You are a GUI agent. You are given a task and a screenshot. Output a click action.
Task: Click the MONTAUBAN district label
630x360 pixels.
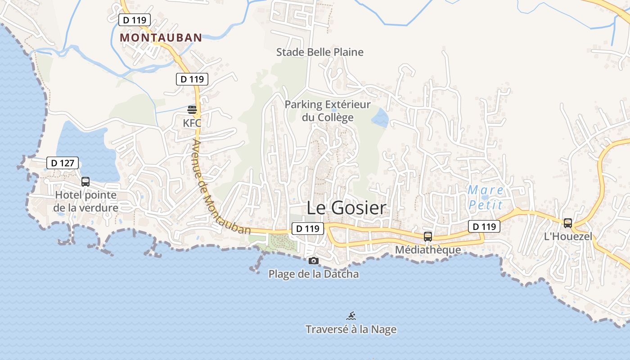[161, 38]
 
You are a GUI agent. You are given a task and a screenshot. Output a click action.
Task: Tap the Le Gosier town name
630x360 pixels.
[346, 208]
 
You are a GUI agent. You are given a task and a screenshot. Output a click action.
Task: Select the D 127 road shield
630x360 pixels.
[63, 163]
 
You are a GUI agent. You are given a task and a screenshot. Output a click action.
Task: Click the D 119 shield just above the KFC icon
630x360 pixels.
[192, 79]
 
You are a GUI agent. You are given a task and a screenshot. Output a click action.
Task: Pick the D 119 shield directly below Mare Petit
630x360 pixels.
[484, 226]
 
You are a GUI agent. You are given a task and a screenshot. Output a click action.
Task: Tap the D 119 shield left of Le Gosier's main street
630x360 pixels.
[308, 229]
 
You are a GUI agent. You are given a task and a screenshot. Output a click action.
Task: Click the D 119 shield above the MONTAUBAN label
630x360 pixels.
[135, 20]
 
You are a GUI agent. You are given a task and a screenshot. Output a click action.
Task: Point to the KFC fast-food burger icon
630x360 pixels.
[192, 109]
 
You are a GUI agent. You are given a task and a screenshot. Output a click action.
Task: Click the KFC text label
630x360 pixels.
[192, 123]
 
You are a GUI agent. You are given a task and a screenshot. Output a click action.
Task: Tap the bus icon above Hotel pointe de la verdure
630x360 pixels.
[85, 182]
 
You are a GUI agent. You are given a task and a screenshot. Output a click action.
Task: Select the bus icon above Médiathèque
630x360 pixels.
[428, 236]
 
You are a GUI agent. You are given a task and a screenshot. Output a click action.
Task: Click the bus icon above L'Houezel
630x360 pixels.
[568, 223]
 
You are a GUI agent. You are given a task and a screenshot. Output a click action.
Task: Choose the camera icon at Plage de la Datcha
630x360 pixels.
[314, 261]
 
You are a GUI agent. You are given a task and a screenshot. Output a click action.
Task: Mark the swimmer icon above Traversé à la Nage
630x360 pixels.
[351, 315]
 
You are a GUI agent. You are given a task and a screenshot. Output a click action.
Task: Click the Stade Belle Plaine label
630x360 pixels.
[320, 52]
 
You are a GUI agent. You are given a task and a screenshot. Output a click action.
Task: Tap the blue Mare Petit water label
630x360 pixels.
[485, 198]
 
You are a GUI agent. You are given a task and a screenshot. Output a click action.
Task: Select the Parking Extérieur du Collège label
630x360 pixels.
[328, 111]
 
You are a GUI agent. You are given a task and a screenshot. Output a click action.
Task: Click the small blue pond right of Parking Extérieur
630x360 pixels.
[380, 117]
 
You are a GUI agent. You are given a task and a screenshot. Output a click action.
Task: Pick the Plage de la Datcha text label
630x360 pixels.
[314, 274]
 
